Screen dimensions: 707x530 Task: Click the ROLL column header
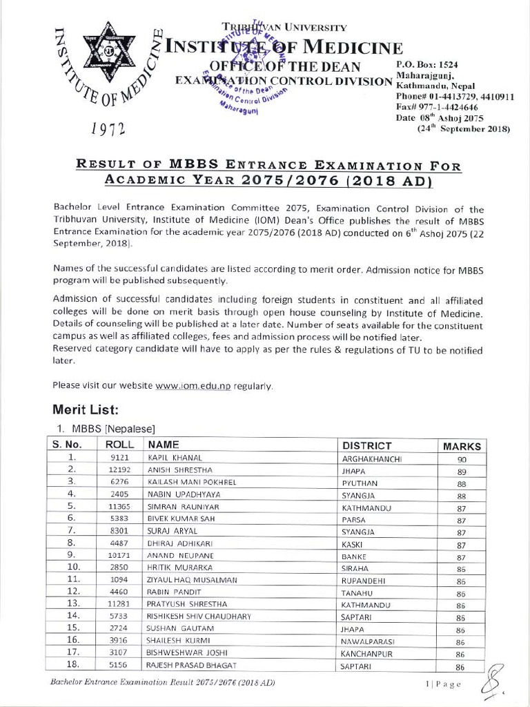click(x=119, y=445)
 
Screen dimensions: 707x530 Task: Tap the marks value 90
click(x=462, y=459)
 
